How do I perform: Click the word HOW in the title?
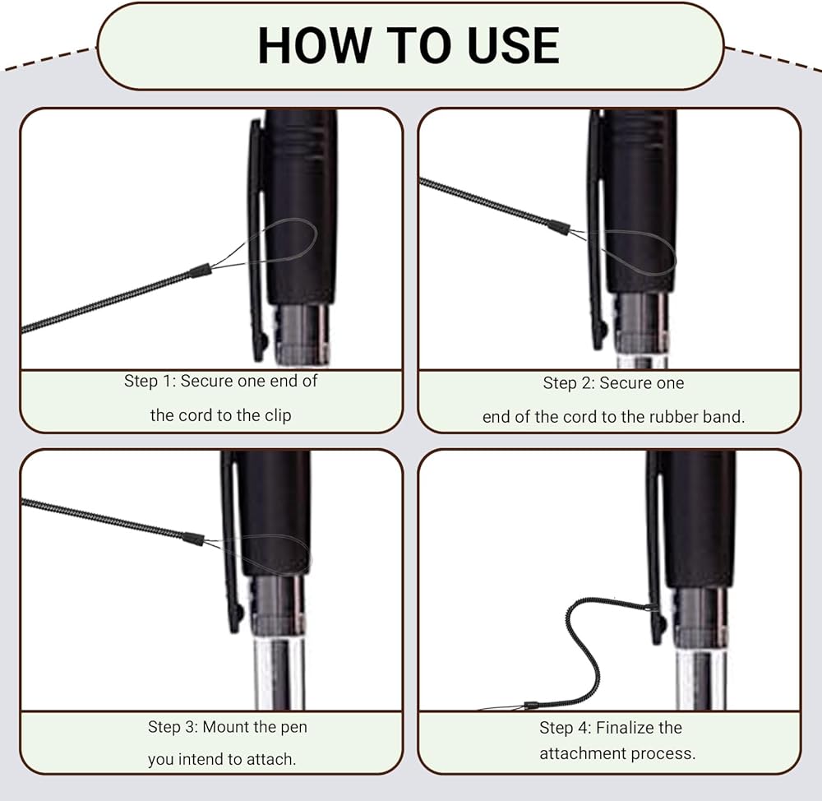tap(314, 45)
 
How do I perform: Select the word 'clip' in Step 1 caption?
tap(278, 415)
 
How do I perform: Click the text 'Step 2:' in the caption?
tap(569, 383)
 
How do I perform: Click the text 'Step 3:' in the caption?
tap(173, 727)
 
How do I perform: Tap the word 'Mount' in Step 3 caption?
tap(225, 727)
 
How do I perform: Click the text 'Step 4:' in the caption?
tap(566, 728)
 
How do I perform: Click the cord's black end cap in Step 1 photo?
tap(201, 271)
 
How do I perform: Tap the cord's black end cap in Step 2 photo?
tap(559, 228)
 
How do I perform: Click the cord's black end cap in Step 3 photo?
tap(193, 539)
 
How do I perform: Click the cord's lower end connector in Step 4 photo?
tap(532, 705)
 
